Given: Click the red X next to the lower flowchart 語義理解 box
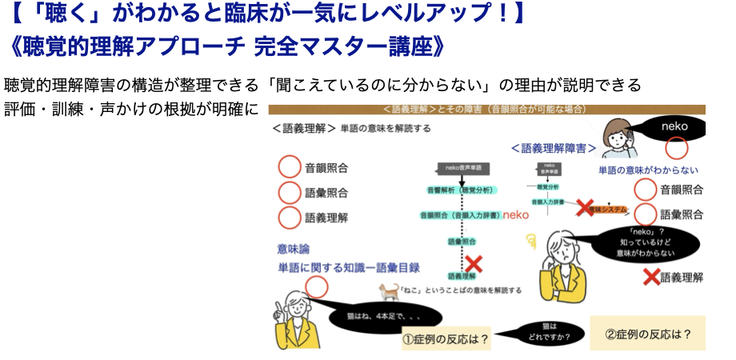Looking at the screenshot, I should coord(474,263).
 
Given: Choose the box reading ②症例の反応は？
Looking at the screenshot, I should coord(648,333).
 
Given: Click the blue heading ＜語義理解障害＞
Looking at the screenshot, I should coord(553,148).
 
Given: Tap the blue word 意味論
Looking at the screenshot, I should coord(293,249).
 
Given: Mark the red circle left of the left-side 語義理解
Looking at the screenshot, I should coord(288,217).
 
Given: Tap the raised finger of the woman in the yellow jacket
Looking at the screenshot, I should coord(279,307).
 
